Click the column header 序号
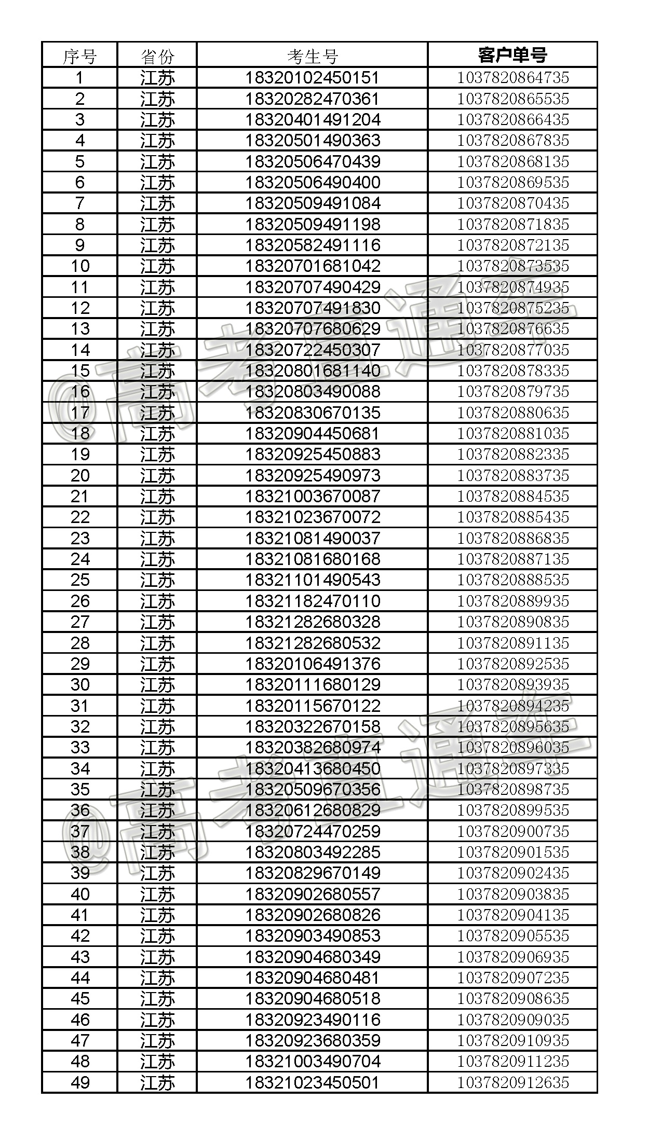click(x=79, y=56)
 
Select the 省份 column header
click(x=157, y=56)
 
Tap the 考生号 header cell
click(x=313, y=56)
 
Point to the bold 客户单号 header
click(x=512, y=55)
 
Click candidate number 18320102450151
click(x=313, y=78)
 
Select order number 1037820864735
click(x=512, y=78)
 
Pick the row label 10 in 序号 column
click(x=80, y=266)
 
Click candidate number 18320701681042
click(x=313, y=266)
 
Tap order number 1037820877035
click(x=512, y=350)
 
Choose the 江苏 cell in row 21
click(x=157, y=497)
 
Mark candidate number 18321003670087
click(x=313, y=497)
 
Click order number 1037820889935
click(x=512, y=601)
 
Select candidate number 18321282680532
click(x=313, y=643)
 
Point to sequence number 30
click(x=80, y=685)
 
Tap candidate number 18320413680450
click(x=313, y=768)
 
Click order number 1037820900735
click(x=512, y=831)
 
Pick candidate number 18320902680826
click(x=313, y=915)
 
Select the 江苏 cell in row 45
click(x=157, y=998)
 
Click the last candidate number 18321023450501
click(x=313, y=1082)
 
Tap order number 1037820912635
click(x=512, y=1082)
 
